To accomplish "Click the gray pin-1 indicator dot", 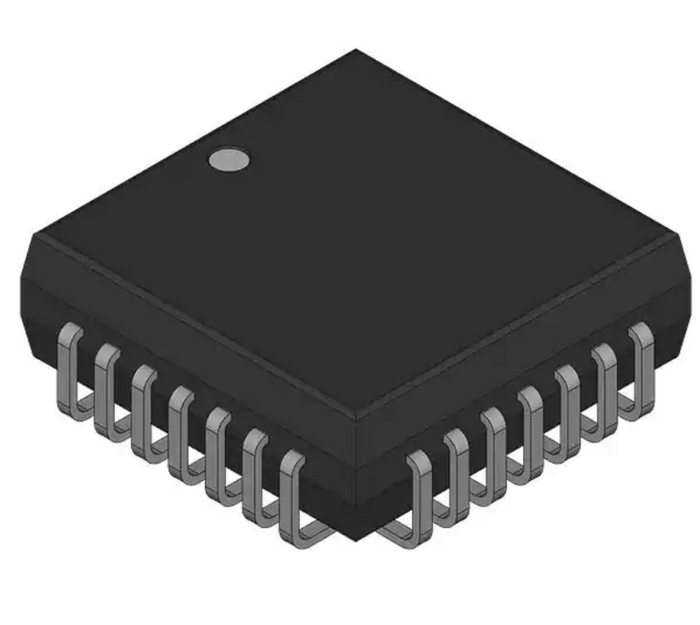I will click(x=228, y=159).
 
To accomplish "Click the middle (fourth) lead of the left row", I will click(x=182, y=431).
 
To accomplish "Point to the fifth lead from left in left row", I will click(x=219, y=453).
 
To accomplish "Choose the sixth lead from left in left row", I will click(x=256, y=475).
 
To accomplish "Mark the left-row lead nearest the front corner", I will click(x=294, y=498).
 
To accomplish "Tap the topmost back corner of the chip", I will click(x=355, y=51).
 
